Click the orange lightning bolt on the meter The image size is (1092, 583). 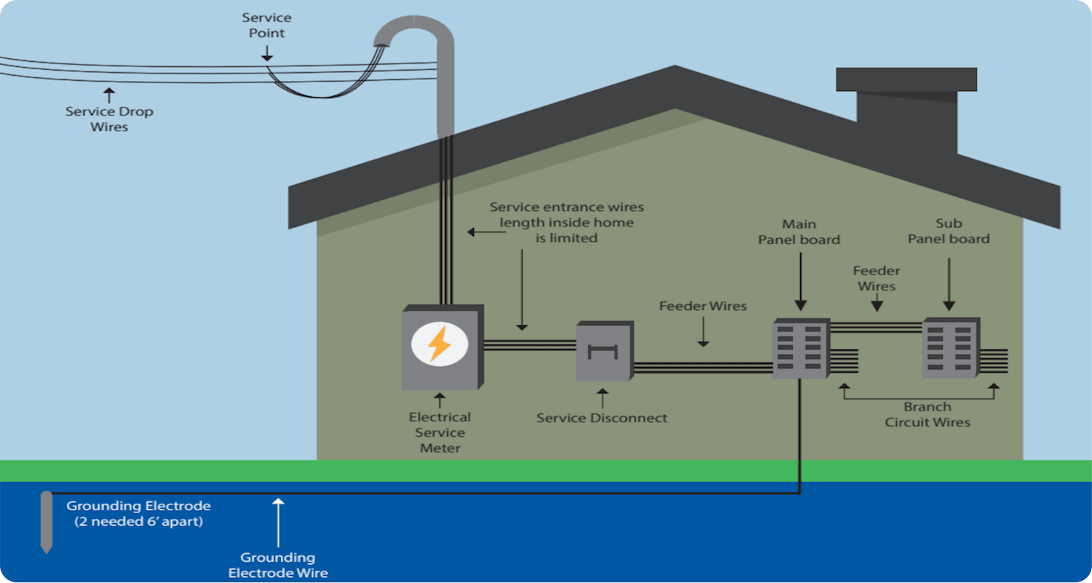[x=439, y=344]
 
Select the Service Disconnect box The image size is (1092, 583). [x=604, y=353]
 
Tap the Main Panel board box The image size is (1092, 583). [x=801, y=349]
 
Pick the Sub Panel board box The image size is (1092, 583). [x=950, y=349]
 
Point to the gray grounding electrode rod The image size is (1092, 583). [x=47, y=521]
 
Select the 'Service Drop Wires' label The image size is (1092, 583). [x=109, y=119]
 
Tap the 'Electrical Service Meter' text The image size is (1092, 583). [x=440, y=432]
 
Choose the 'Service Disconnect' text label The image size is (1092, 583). [x=601, y=419]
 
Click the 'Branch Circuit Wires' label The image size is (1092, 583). [x=927, y=415]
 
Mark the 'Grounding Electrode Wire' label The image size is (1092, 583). [x=277, y=565]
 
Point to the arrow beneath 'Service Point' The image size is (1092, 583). [x=266, y=52]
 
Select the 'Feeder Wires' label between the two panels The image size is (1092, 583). [x=877, y=278]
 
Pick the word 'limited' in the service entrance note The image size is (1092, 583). [x=566, y=238]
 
